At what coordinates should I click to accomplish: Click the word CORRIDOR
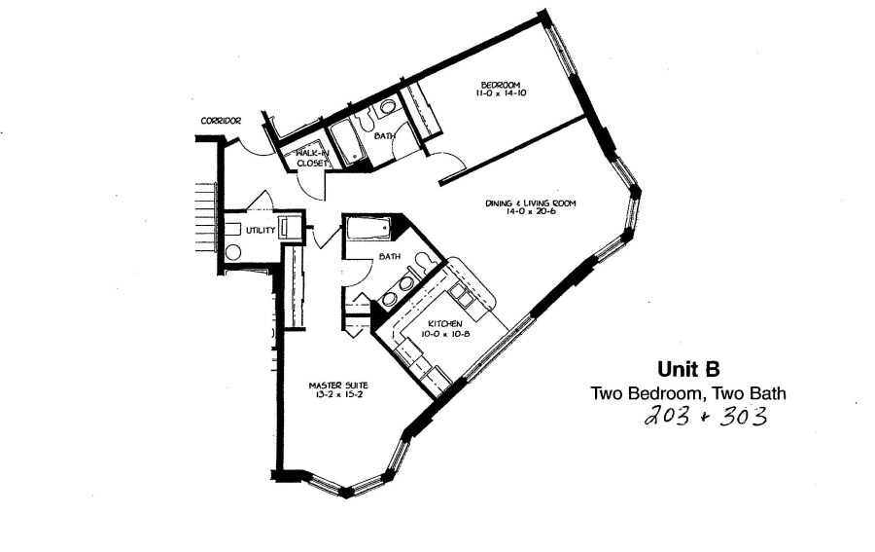(x=221, y=121)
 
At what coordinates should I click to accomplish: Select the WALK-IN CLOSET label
(x=311, y=159)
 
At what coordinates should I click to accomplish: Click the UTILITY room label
(x=260, y=230)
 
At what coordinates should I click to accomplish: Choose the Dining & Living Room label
(x=531, y=203)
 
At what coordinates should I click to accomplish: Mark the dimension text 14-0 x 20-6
(x=531, y=215)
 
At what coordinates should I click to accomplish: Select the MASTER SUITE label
(x=332, y=384)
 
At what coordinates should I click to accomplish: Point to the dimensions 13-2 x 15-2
(x=332, y=394)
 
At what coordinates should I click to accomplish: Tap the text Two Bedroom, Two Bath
(x=688, y=393)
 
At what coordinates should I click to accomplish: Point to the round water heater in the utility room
(x=233, y=251)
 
